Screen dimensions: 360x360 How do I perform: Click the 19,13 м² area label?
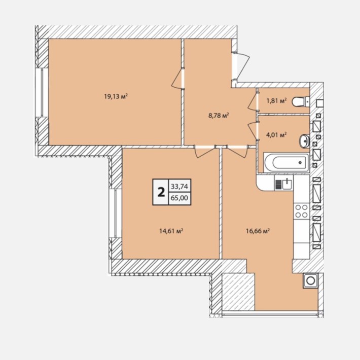click(x=116, y=96)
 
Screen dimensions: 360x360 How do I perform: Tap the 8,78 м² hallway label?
click(x=219, y=115)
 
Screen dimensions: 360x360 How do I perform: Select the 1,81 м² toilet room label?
click(x=277, y=100)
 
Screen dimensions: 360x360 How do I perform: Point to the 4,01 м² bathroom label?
click(x=276, y=134)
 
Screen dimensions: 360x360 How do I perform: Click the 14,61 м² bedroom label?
click(x=171, y=231)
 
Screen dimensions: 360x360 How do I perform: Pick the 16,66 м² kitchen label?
click(x=258, y=231)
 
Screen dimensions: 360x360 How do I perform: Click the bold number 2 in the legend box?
click(x=161, y=192)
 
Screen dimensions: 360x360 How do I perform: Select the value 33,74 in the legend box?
click(x=179, y=187)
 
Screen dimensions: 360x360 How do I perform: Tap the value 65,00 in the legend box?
click(x=179, y=197)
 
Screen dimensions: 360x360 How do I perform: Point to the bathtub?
click(x=286, y=163)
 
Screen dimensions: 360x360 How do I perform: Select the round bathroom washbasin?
click(x=304, y=140)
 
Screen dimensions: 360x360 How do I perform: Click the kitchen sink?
click(x=284, y=184)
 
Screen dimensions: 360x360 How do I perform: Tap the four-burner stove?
click(x=302, y=211)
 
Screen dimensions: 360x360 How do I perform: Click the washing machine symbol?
click(x=310, y=280)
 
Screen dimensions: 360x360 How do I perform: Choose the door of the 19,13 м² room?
click(x=177, y=79)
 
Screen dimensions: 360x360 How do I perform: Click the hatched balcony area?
click(x=238, y=292)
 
